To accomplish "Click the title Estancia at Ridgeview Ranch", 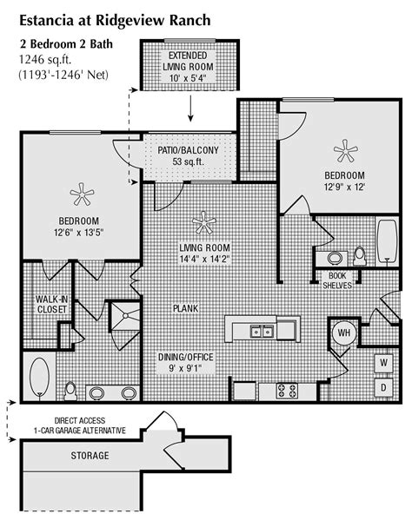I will point(115,17).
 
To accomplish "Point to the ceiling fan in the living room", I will point(206,223).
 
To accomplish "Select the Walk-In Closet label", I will point(53,305).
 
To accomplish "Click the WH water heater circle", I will point(344,332).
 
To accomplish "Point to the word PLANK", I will point(185,307).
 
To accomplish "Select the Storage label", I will point(90,456).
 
